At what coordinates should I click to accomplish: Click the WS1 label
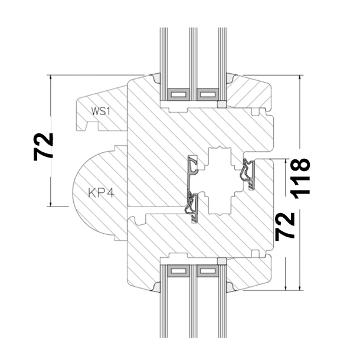(101, 111)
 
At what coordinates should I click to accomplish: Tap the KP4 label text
(101, 192)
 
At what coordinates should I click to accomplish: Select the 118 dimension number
(301, 178)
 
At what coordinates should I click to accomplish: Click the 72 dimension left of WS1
(44, 146)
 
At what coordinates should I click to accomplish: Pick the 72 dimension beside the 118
(286, 226)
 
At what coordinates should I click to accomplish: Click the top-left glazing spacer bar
(177, 93)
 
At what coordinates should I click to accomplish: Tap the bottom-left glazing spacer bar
(177, 271)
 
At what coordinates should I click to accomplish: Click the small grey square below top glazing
(222, 104)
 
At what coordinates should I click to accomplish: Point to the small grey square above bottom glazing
(222, 261)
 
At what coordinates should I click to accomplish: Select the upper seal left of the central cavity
(191, 168)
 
